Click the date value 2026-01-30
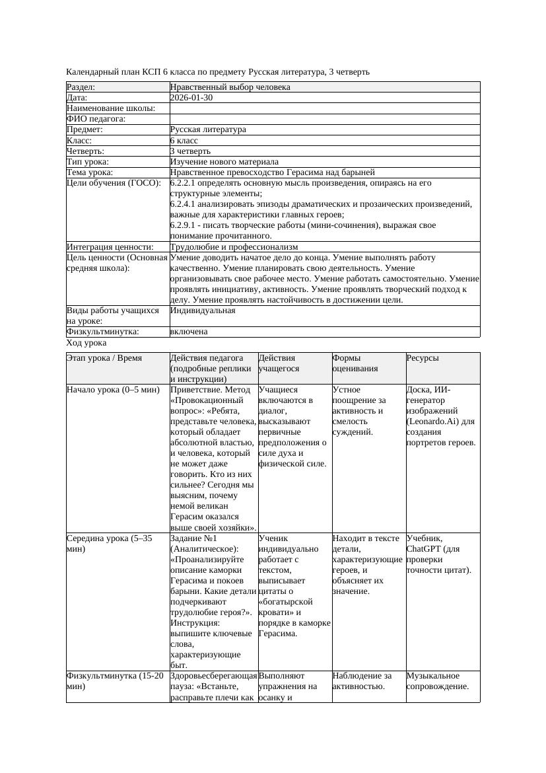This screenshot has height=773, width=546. click(191, 98)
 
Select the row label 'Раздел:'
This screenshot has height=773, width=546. click(81, 87)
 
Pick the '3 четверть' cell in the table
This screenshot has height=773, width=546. click(190, 151)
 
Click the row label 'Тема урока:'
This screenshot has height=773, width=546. click(90, 172)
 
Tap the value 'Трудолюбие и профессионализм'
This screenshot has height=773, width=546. click(230, 247)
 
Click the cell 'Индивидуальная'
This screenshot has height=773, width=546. click(203, 311)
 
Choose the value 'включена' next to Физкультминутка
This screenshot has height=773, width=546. click(189, 332)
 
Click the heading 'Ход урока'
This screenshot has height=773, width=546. click(86, 343)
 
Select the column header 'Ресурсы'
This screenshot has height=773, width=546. click(423, 358)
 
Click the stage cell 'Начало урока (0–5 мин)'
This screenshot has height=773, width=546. click(113, 390)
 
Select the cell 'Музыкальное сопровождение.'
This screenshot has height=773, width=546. click(437, 681)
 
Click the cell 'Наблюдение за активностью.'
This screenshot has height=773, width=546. click(362, 681)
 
